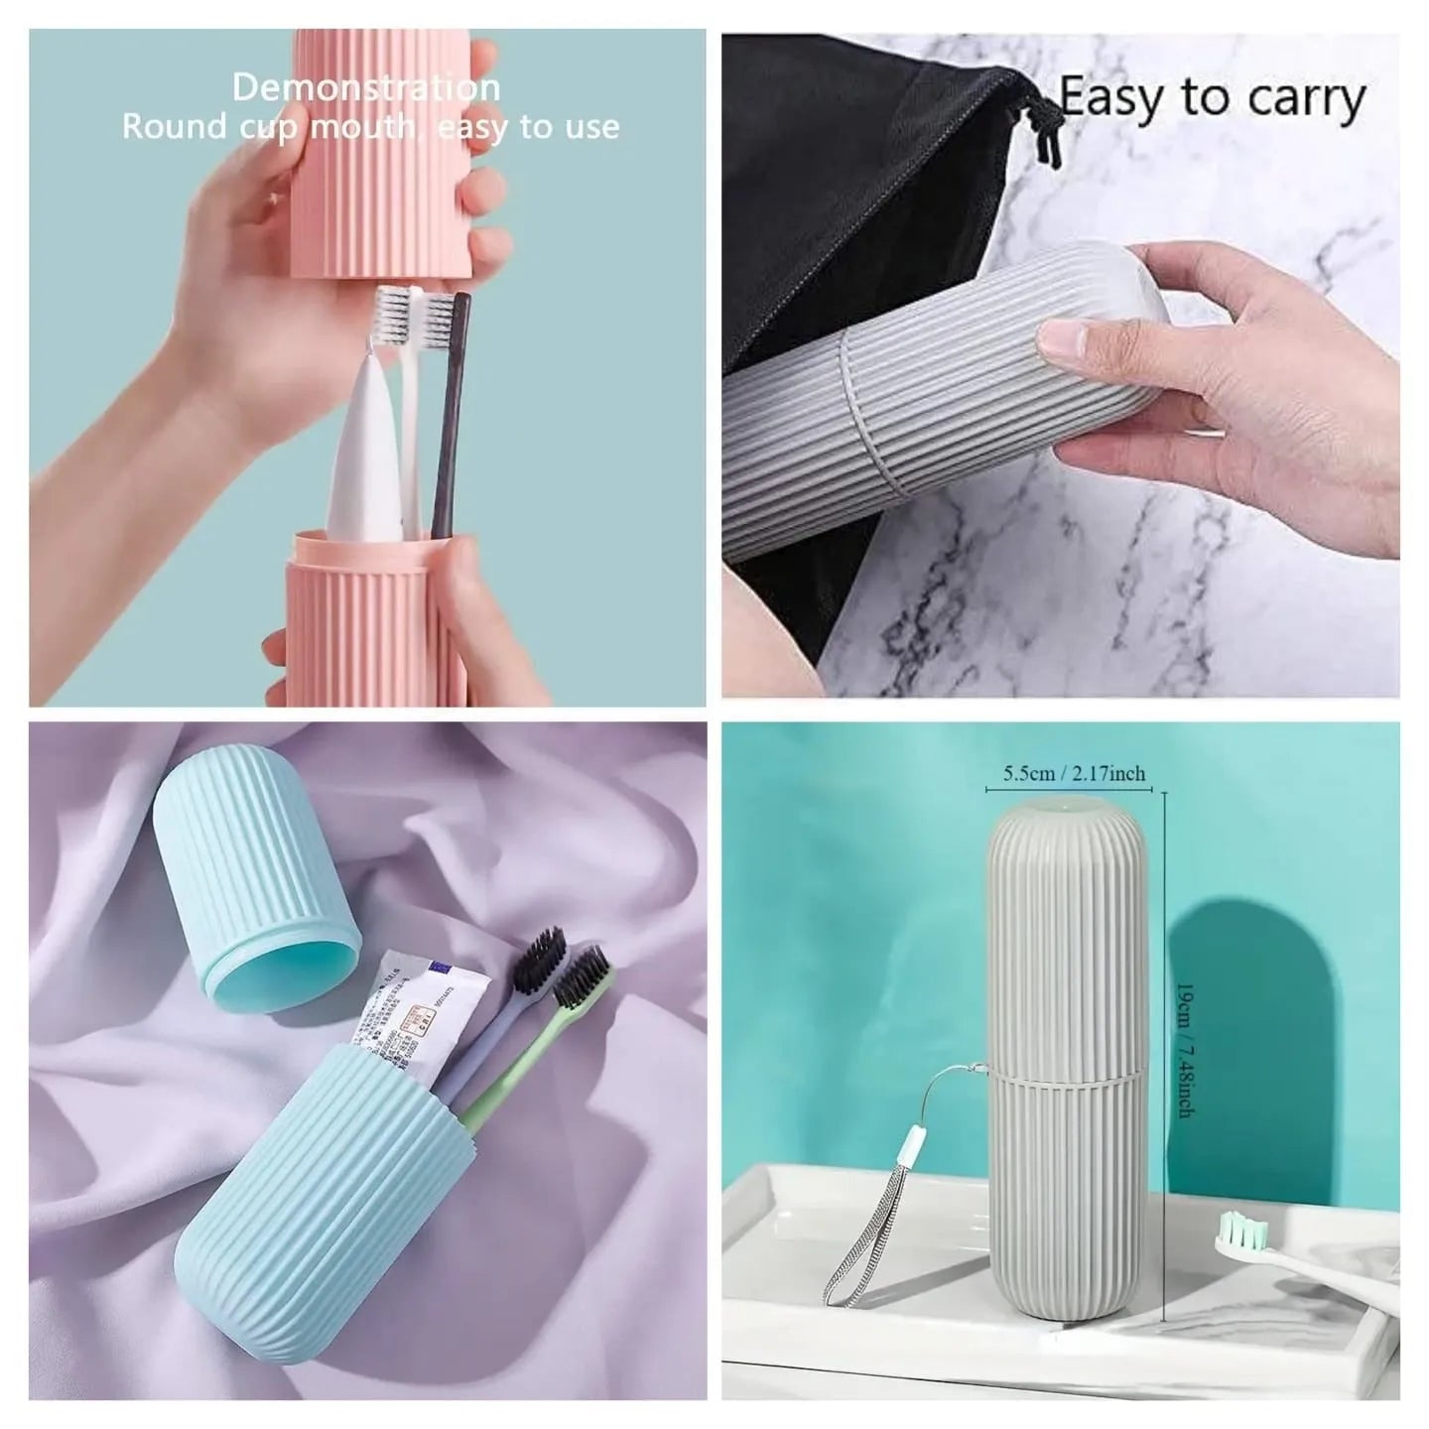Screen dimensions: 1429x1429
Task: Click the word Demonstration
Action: click(x=365, y=87)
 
